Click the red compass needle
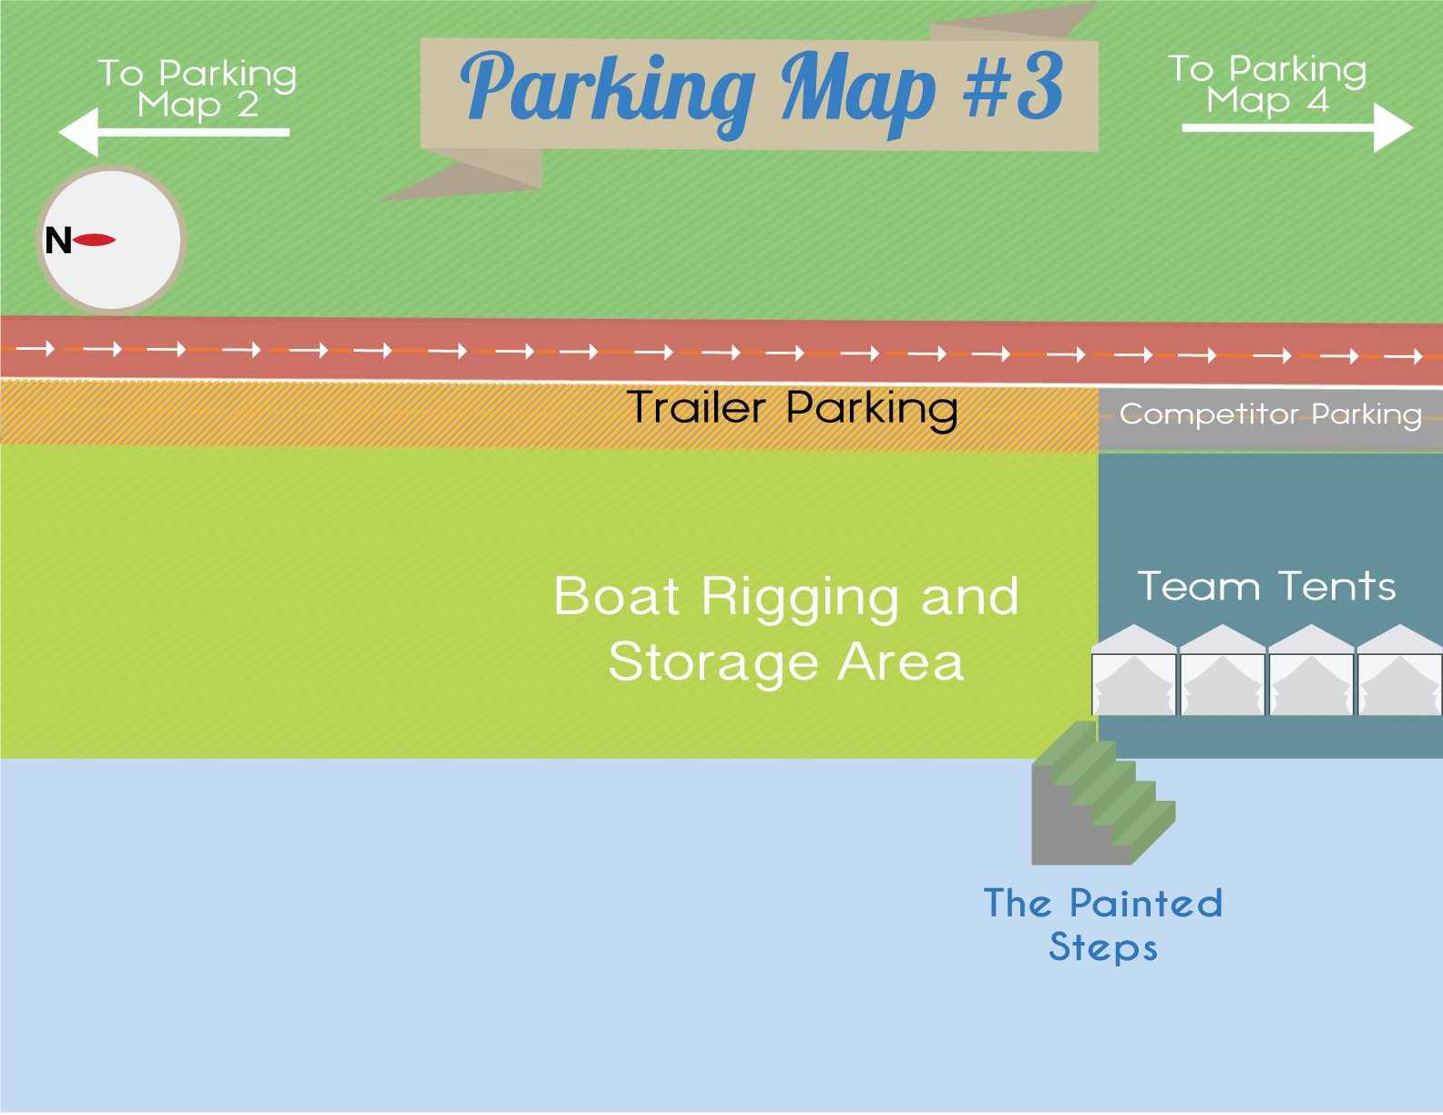[x=95, y=240]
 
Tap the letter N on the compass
[x=58, y=241]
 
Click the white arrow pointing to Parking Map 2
[x=173, y=133]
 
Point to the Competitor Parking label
[x=1270, y=415]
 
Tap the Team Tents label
[x=1266, y=587]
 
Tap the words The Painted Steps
[x=1103, y=925]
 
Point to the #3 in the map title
[x=1013, y=87]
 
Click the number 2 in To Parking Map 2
[x=248, y=105]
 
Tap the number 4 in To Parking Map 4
[x=1317, y=100]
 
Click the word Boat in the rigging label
[x=617, y=598]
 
